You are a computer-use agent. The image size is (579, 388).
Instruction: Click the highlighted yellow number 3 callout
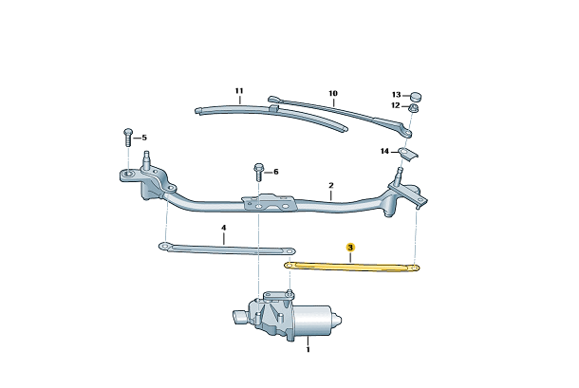point(350,248)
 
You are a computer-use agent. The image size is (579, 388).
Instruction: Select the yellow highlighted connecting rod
point(352,267)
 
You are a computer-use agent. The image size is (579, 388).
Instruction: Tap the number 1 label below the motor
point(308,349)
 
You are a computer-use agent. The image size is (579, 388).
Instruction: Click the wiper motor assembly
point(287,316)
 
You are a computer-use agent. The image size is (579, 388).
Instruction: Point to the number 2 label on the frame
point(331,185)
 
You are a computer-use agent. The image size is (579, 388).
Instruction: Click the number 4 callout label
point(223,228)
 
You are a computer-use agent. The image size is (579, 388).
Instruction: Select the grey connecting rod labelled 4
point(227,249)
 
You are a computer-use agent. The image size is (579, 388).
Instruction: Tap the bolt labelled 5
point(128,138)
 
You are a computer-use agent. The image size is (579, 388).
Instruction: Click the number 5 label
point(144,138)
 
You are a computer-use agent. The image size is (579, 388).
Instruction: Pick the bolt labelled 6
point(258,173)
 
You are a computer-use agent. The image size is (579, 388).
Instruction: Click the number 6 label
point(276,172)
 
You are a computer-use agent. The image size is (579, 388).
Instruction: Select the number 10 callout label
point(333,93)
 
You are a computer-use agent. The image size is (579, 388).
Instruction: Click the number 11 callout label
point(239,91)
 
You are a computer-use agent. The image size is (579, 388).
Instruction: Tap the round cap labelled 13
point(416,97)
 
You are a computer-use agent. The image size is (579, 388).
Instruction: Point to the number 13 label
point(396,95)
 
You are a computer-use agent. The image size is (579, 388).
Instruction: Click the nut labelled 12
point(413,108)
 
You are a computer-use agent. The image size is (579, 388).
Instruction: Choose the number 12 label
point(396,105)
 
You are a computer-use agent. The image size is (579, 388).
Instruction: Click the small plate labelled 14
point(407,153)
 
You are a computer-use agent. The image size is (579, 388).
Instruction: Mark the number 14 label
point(384,152)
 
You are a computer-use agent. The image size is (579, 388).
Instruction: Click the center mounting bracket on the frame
point(270,203)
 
